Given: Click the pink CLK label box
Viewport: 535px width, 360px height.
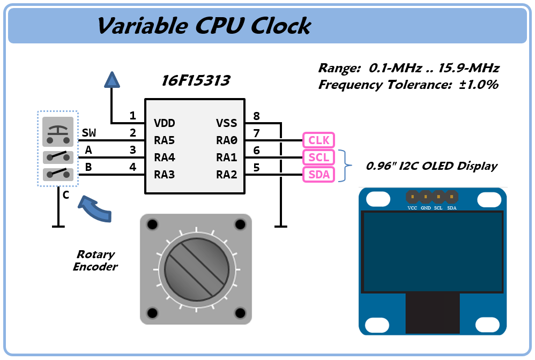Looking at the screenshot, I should click(318, 140).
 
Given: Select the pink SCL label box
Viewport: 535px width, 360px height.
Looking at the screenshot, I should click(318, 157).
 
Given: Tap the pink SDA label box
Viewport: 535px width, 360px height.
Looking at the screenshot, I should click(318, 175).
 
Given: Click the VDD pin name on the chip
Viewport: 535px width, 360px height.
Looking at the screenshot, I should click(165, 123).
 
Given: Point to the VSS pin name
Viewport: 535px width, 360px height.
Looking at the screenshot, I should click(226, 123).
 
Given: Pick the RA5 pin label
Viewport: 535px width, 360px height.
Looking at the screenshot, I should click(165, 140).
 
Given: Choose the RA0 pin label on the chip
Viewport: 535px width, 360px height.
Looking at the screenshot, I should click(226, 140).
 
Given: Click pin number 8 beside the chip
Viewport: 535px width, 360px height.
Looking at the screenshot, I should click(256, 116).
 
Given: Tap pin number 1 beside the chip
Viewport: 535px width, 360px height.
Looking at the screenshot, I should click(132, 116).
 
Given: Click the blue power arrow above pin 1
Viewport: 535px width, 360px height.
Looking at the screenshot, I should click(112, 80).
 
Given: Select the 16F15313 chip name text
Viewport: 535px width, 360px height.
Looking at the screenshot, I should click(196, 81).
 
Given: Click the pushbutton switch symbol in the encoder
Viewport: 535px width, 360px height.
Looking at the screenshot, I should click(58, 132).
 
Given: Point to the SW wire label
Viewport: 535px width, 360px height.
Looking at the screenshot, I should click(89, 133).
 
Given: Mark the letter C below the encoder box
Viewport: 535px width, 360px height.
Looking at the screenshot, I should click(66, 195).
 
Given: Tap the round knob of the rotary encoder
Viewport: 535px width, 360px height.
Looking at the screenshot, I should click(196, 269).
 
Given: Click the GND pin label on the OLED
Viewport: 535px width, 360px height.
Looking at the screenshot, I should click(426, 208).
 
